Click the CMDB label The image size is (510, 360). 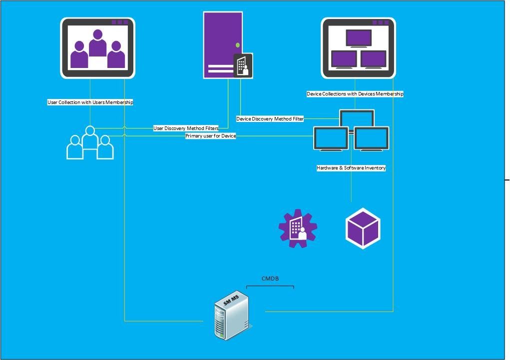[x=270, y=278]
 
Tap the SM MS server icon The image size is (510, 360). [x=233, y=315]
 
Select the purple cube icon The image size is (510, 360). [x=363, y=228]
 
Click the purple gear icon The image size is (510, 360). [x=298, y=228]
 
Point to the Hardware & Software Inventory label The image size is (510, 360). [x=351, y=168]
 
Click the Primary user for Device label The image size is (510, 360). [x=210, y=135]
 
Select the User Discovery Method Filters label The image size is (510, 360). [x=186, y=128]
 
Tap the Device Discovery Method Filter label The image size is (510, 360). [x=270, y=119]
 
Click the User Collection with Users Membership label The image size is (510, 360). [x=90, y=102]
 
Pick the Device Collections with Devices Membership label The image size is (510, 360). [x=355, y=93]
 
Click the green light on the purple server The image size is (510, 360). [x=238, y=45]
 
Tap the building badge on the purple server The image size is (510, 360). [x=243, y=65]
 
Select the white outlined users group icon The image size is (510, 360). [x=90, y=143]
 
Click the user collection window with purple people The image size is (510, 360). [x=97, y=48]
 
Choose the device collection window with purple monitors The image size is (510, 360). [x=359, y=48]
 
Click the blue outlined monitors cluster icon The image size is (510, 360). [x=351, y=130]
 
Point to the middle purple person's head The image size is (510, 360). [x=97, y=34]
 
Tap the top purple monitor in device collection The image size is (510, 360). [x=359, y=38]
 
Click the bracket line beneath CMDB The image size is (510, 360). [x=270, y=286]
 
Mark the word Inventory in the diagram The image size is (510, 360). [x=375, y=168]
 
